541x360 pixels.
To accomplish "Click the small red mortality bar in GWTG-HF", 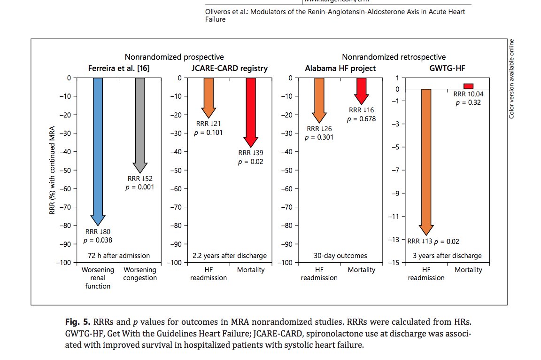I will (468, 86).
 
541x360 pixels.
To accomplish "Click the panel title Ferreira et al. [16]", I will (119, 69).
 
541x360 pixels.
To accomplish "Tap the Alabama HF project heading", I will (340, 69).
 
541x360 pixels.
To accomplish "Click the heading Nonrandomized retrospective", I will (394, 57).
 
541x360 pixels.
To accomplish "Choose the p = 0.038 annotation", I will (98, 241).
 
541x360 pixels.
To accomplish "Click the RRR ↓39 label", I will (251, 153).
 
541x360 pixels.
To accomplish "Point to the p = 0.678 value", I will (361, 119).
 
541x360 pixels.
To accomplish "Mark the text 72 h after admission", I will (119, 256).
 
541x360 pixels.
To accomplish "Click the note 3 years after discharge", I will (447, 256).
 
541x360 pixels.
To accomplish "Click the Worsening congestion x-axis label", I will (140, 274).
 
